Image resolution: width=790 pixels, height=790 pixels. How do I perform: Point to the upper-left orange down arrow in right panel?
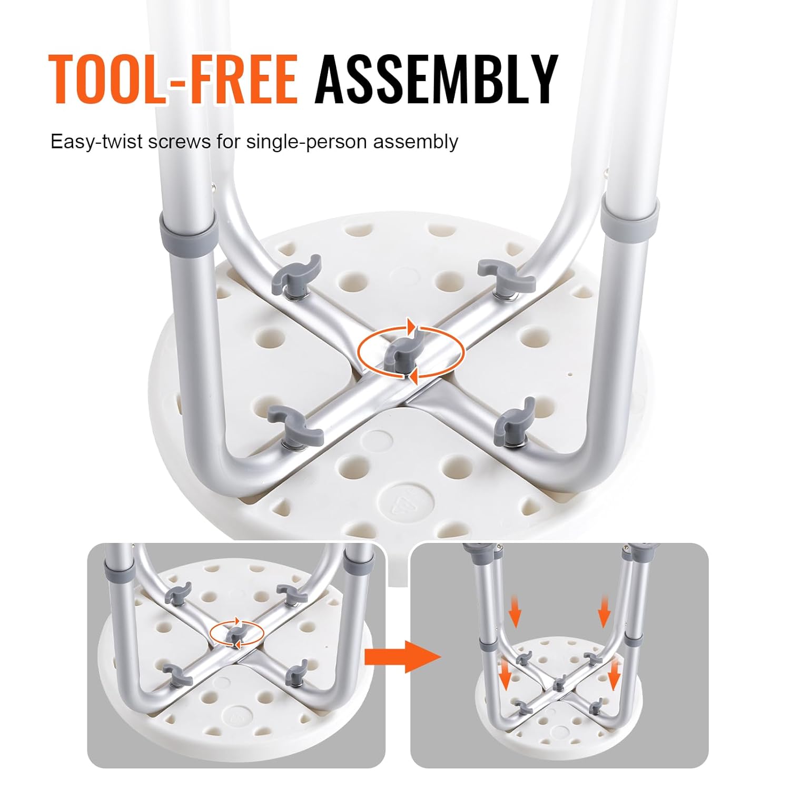pyautogui.click(x=516, y=614)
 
